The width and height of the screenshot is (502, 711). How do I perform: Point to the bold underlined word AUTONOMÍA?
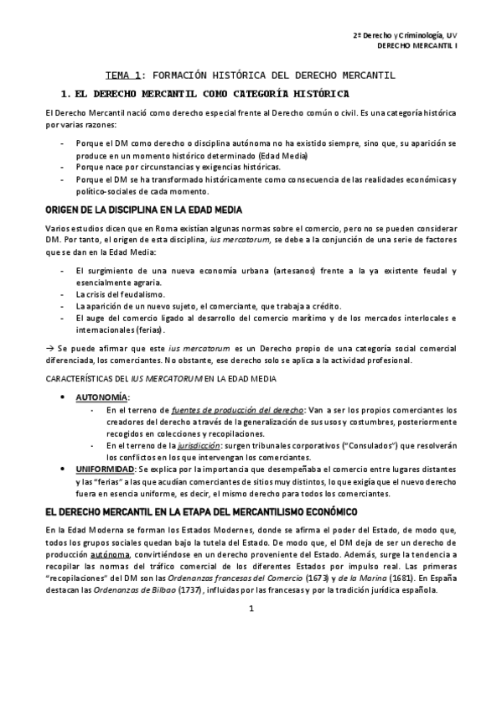[102, 396]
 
